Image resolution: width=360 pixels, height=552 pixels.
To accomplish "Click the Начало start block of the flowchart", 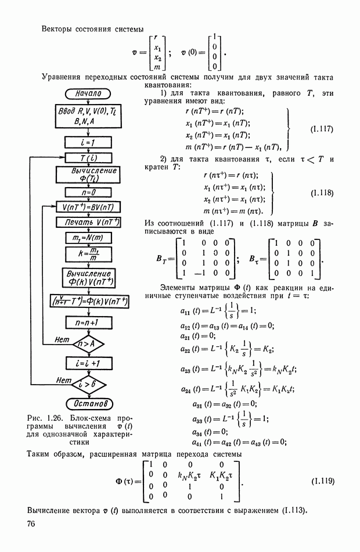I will tap(88, 93).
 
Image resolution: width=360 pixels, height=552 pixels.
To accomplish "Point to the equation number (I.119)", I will tap(322, 481).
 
